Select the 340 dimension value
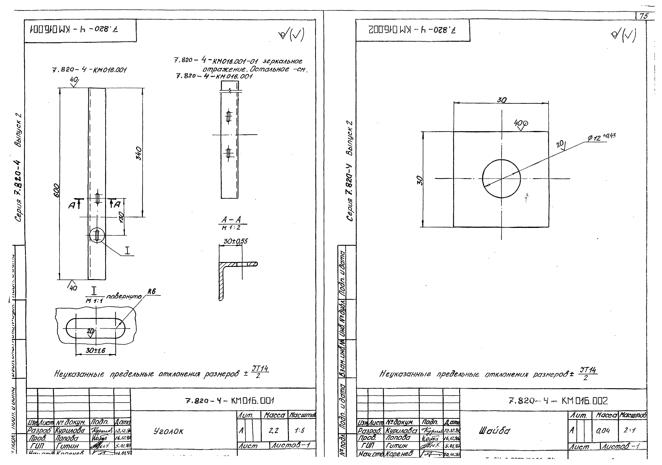click(x=139, y=153)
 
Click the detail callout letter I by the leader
click(x=127, y=251)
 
